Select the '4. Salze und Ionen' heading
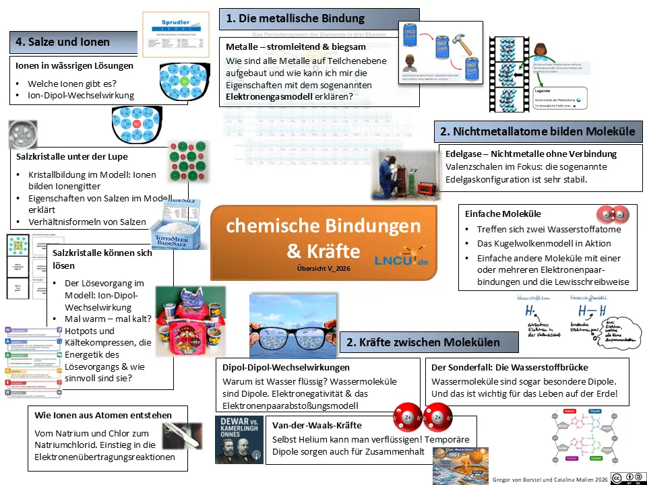pos(62,42)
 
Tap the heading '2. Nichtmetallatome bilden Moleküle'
pos(537,131)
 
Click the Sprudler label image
pos(171,35)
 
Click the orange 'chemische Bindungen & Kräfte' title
pos(323,238)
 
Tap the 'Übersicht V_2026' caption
pos(323,268)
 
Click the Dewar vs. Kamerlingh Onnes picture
pos(239,440)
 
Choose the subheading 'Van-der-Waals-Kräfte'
pos(317,426)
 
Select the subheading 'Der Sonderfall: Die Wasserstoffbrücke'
pos(509,368)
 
